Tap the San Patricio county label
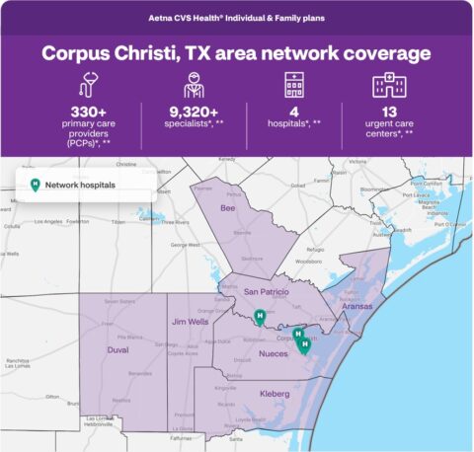266,292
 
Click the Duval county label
118,348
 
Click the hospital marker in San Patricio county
260,317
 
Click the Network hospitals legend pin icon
37,185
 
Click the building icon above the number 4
292,85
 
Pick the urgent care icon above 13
387,85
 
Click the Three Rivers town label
148,222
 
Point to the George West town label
186,245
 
